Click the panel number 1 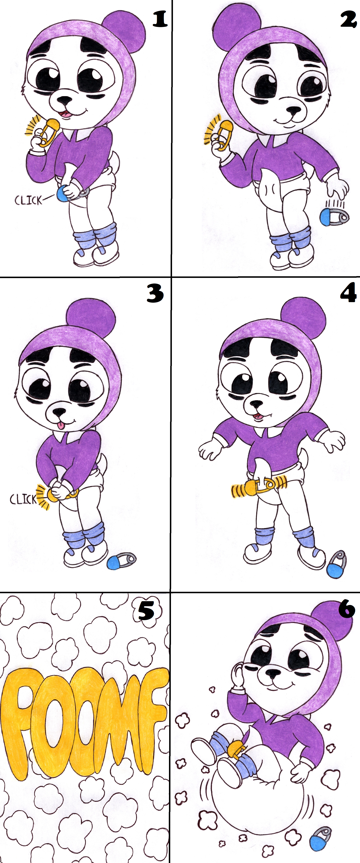click(160, 19)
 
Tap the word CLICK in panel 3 click(23, 499)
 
